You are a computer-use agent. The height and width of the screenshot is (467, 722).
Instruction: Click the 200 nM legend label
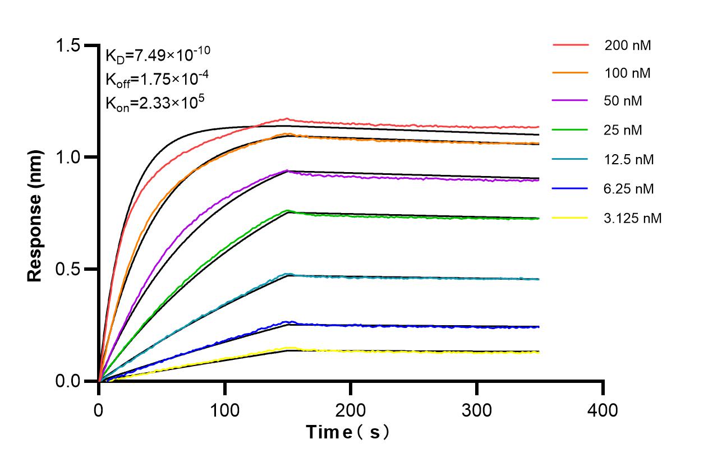(x=628, y=46)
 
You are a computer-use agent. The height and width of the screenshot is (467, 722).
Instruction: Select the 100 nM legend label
(x=628, y=73)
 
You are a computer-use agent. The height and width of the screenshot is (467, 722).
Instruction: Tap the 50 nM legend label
(x=623, y=101)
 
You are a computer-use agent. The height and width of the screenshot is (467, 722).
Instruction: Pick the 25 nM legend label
(x=623, y=131)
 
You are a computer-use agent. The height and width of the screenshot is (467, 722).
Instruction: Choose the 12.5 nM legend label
(x=629, y=160)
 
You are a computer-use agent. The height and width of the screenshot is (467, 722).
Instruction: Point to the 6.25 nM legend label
(x=629, y=189)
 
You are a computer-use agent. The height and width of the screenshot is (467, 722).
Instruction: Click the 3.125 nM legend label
(x=633, y=218)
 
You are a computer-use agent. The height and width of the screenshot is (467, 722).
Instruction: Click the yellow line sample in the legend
(x=571, y=218)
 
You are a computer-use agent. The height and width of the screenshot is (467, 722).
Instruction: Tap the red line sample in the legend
(x=571, y=44)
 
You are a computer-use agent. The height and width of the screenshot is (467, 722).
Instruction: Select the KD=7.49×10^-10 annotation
(x=158, y=55)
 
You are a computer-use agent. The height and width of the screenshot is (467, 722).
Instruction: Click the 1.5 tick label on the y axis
(x=70, y=45)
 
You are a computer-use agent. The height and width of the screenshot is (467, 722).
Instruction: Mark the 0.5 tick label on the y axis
(x=70, y=269)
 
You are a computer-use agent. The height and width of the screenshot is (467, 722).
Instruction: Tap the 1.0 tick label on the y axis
(x=70, y=157)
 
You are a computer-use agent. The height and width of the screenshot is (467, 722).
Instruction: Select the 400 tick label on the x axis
(x=603, y=410)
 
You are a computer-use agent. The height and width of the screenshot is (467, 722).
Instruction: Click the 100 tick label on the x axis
(x=225, y=410)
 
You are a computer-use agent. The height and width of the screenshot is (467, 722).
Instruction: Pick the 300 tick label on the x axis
(x=477, y=410)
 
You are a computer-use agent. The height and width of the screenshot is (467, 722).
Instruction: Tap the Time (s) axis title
(x=347, y=432)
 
